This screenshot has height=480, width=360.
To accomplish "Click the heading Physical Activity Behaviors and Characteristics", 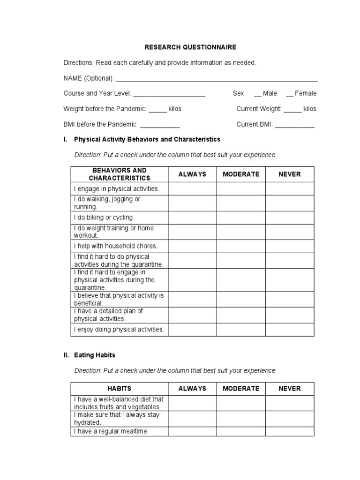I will point(147,140).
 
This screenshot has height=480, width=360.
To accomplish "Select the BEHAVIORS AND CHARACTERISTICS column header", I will point(120,174).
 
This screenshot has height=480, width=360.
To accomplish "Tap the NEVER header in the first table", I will point(290,174).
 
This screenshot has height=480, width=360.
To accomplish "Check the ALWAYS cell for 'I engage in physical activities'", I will point(192,188).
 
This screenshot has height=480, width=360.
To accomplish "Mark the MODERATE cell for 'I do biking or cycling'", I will point(241,217).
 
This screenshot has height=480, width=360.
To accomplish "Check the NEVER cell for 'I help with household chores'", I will point(290,246).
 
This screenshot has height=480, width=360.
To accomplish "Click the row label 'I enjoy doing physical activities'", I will point(119,330).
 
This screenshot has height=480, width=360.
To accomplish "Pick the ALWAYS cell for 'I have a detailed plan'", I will point(192,315).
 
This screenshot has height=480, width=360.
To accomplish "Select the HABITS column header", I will point(120,389).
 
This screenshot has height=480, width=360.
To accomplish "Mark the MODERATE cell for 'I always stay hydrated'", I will point(241,419).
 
